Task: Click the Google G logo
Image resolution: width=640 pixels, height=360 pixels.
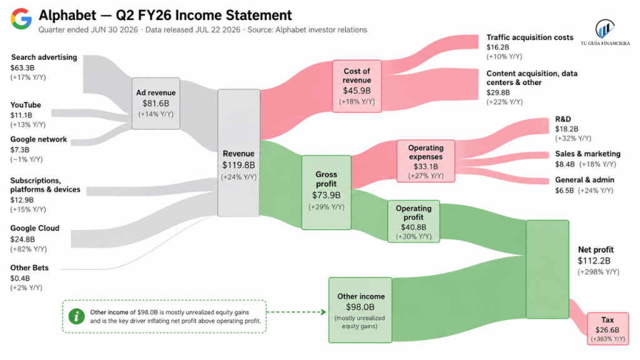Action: pyautogui.click(x=21, y=19)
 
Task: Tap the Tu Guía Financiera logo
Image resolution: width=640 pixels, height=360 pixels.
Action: pyautogui.click(x=605, y=32)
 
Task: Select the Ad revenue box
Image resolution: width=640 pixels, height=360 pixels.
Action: pyautogui.click(x=156, y=104)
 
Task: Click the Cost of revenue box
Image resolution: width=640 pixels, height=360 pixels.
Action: pyautogui.click(x=357, y=86)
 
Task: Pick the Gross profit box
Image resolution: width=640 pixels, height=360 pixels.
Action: pyautogui.click(x=326, y=192)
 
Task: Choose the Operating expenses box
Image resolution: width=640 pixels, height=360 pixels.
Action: pyautogui.click(x=426, y=161)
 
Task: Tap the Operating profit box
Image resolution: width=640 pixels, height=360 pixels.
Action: pyautogui.click(x=414, y=221)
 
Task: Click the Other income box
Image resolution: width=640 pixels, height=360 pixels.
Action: pyautogui.click(x=361, y=310)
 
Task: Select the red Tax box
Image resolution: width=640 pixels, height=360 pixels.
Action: pyautogui.click(x=607, y=329)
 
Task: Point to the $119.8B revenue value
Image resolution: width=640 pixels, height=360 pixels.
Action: pyautogui.click(x=239, y=165)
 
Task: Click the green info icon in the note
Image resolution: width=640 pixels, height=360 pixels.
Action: pyautogui.click(x=77, y=316)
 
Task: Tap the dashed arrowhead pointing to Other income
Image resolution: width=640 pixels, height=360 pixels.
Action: pyautogui.click(x=324, y=312)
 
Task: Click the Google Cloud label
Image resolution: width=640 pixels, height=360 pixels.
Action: pyautogui.click(x=35, y=228)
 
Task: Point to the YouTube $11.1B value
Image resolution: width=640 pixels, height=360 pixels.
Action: pyautogui.click(x=21, y=115)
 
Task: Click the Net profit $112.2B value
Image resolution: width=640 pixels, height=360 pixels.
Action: pyautogui.click(x=594, y=261)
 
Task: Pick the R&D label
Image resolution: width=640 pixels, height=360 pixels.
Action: pyautogui.click(x=563, y=119)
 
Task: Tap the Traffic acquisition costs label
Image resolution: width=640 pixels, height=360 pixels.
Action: pyautogui.click(x=530, y=37)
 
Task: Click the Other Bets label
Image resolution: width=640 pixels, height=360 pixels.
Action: pyautogui.click(x=29, y=267)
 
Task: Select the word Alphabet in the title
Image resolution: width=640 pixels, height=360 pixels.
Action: pyautogui.click(x=67, y=16)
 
